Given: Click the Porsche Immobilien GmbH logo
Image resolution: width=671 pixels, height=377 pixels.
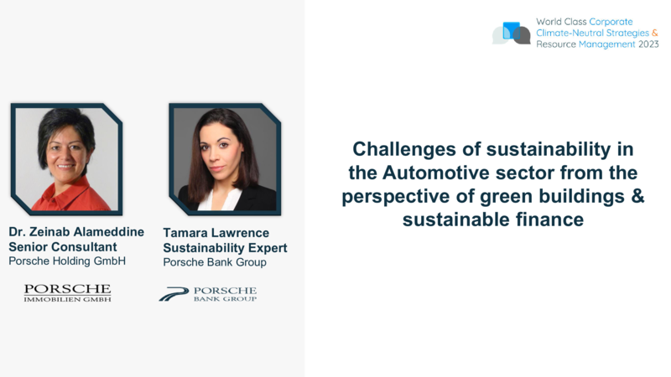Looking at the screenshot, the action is pyautogui.click(x=68, y=293).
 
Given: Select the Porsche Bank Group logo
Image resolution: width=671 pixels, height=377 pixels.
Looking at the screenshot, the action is pyautogui.click(x=208, y=294).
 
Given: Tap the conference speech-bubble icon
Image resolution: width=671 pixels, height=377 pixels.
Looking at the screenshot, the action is pyautogui.click(x=512, y=33).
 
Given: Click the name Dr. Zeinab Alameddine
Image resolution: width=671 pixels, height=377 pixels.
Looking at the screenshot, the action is pyautogui.click(x=76, y=232).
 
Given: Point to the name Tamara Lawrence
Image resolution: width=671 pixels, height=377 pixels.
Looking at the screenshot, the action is pyautogui.click(x=216, y=233).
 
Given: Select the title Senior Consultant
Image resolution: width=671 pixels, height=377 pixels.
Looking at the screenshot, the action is pyautogui.click(x=62, y=247).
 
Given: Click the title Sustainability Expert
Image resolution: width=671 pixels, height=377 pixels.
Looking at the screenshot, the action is pyautogui.click(x=225, y=248).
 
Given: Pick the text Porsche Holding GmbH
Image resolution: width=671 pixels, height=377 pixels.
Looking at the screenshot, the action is pyautogui.click(x=67, y=261).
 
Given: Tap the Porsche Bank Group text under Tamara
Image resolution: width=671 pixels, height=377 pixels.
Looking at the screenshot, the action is pyautogui.click(x=215, y=262).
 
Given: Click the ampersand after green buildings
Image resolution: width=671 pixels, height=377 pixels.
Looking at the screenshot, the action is pyautogui.click(x=637, y=196).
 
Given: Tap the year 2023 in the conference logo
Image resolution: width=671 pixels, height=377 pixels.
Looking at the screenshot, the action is pyautogui.click(x=648, y=44).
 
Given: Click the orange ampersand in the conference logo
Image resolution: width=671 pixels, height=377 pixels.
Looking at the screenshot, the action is pyautogui.click(x=655, y=33).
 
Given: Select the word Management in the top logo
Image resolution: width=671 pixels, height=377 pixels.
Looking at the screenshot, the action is pyautogui.click(x=606, y=44).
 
